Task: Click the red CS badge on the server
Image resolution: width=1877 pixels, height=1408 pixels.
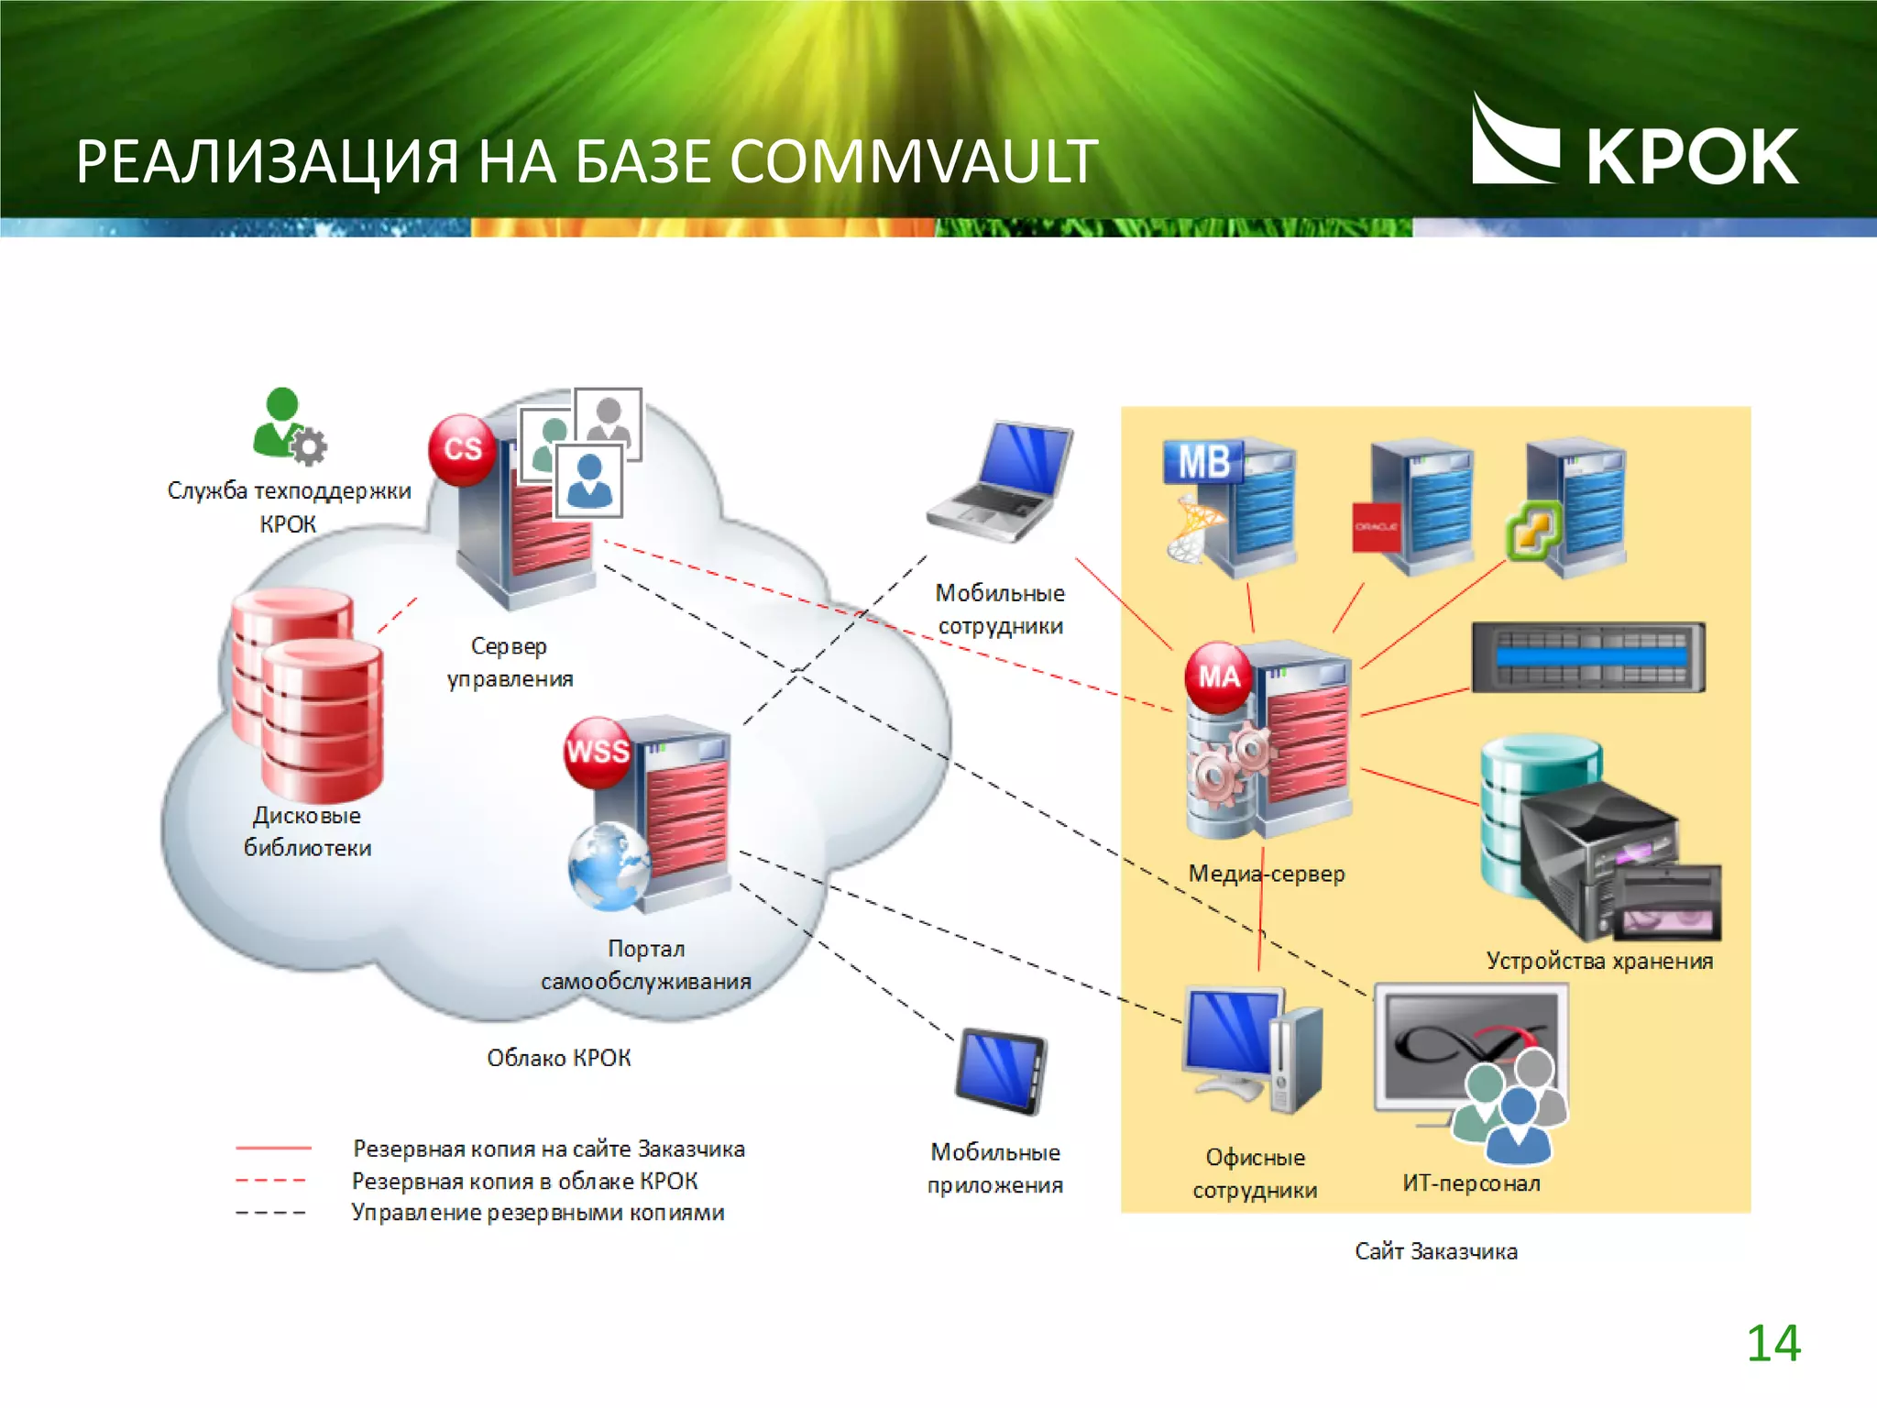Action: click(x=463, y=449)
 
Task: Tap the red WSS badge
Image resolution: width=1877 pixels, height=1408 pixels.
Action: click(x=598, y=753)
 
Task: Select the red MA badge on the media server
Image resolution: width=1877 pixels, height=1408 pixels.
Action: click(x=1218, y=677)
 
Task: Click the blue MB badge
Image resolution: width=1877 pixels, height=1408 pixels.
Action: click(x=1202, y=462)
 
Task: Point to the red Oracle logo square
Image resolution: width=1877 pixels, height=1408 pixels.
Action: click(x=1377, y=527)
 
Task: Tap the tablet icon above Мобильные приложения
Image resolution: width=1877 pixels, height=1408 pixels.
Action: click(x=1001, y=1072)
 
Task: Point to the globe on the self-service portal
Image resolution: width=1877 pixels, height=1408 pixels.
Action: click(x=608, y=867)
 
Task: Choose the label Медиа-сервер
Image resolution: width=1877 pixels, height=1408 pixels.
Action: click(x=1266, y=874)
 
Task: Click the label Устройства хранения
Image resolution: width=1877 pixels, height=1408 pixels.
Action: click(x=1598, y=961)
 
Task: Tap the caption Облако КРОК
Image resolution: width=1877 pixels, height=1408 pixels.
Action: click(x=558, y=1058)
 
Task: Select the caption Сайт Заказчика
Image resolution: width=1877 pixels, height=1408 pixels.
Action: click(x=1435, y=1251)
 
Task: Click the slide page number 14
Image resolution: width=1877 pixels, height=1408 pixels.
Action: click(x=1773, y=1344)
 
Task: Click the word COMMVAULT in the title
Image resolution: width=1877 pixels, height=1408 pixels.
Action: click(x=913, y=162)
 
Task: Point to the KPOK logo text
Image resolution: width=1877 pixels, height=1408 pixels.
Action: click(x=1691, y=158)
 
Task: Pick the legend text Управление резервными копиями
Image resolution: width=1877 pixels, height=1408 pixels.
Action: click(x=537, y=1213)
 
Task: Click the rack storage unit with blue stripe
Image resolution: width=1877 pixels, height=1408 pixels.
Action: click(x=1588, y=657)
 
